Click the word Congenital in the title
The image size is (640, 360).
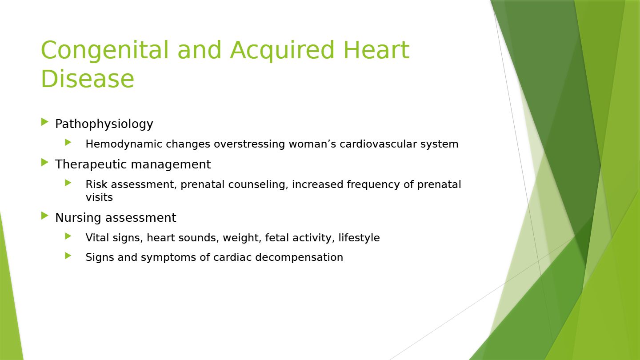[105, 51]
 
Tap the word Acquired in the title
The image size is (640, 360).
[282, 51]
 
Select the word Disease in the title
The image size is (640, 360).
[88, 79]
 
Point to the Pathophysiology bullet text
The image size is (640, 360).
[104, 124]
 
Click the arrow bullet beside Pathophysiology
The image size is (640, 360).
[44, 122]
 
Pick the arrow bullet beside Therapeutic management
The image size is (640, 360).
[44, 163]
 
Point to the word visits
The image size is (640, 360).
[99, 197]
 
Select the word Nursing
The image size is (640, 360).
[78, 218]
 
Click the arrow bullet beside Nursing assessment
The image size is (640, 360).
[44, 216]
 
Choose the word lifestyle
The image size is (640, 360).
[359, 238]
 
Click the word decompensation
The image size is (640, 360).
[299, 257]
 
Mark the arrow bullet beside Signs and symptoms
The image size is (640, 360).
[68, 256]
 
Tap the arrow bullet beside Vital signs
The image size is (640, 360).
[68, 236]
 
